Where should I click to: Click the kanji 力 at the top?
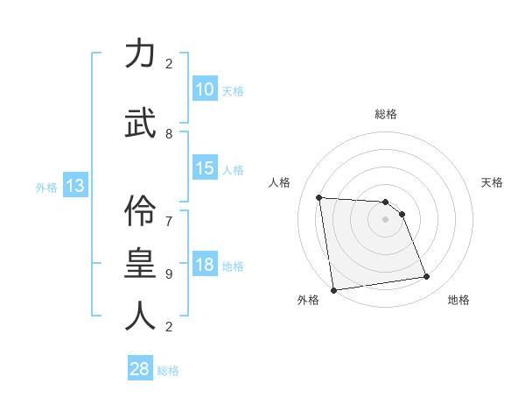[x=140, y=53]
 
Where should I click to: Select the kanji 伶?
[x=140, y=209]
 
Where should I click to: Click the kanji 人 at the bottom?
[x=140, y=316]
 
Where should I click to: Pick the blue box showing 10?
[x=204, y=89]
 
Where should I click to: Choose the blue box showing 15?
[x=204, y=168]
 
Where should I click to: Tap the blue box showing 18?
[x=204, y=265]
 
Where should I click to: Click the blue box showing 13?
[x=74, y=186]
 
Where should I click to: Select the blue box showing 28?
[x=139, y=369]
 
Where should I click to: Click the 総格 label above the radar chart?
[x=386, y=114]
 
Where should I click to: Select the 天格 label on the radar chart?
[x=493, y=182]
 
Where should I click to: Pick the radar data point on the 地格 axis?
[x=427, y=277]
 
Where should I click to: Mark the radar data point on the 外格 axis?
[x=333, y=290]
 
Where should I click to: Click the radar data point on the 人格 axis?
[x=319, y=197]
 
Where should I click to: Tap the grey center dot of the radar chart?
[x=386, y=219]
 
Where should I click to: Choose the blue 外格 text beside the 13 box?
[x=46, y=187]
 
